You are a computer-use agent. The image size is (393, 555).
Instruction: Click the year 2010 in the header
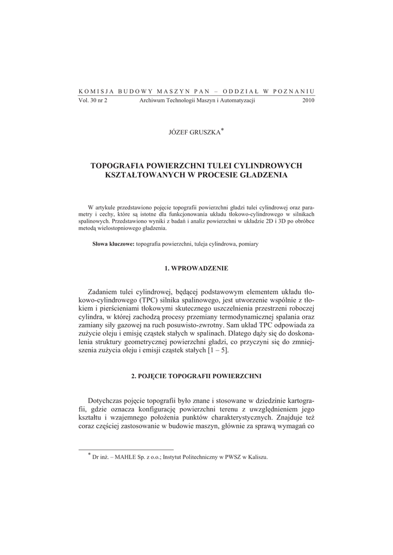coord(308,100)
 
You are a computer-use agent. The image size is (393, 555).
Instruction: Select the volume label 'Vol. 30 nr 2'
coord(93,100)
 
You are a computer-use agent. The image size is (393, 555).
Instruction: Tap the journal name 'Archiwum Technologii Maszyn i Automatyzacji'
coord(197,100)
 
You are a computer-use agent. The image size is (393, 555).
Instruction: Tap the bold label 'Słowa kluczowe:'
coord(113,244)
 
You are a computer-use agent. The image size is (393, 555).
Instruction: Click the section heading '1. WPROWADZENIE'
coord(196,268)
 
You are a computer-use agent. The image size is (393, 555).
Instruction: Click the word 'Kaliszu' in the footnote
coord(256,457)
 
